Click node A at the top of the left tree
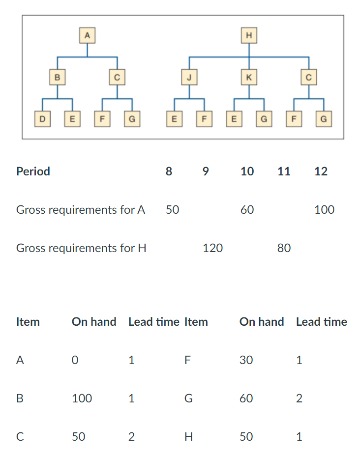pos(88,35)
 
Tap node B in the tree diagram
pos(58,77)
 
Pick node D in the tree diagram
pos(43,118)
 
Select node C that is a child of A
pos(117,77)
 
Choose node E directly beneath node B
pos(72,118)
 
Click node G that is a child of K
pos(264,118)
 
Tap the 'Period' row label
pos(33,171)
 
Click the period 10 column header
pos(247,171)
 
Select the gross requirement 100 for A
pos(324,210)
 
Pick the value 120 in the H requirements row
pos(212,248)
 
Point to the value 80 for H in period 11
pos(284,248)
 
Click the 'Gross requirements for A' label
pos(81,210)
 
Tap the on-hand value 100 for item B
pos(82,398)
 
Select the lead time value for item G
pos(300,398)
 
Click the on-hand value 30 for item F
pos(246,360)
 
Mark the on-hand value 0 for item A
pos(75,360)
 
